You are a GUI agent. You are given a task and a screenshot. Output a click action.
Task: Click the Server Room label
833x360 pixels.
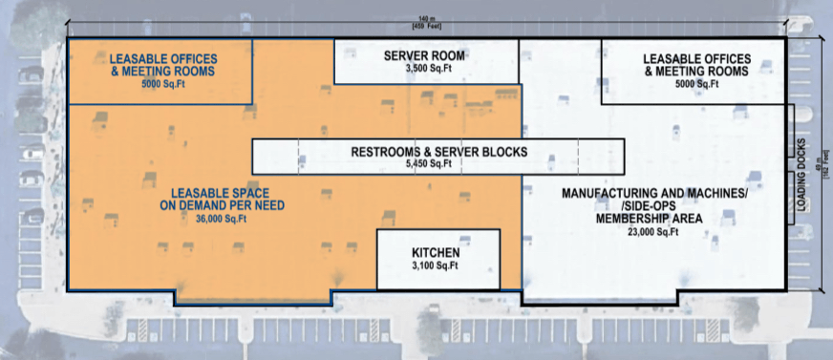click(x=425, y=54)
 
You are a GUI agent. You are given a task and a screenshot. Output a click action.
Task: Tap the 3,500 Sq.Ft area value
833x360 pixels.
click(x=425, y=69)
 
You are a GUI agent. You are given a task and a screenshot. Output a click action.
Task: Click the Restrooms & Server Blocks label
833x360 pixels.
click(x=438, y=152)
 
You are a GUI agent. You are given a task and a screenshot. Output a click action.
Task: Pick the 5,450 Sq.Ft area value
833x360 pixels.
click(x=438, y=164)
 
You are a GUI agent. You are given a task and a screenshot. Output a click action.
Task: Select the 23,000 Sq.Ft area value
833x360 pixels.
click(x=653, y=231)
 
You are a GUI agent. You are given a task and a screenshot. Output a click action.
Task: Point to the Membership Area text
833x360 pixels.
click(x=653, y=218)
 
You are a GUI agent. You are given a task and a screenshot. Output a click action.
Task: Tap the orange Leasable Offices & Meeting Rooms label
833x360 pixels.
click(x=161, y=65)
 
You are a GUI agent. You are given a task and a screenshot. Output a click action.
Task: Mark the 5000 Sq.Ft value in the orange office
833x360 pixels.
click(x=161, y=84)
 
